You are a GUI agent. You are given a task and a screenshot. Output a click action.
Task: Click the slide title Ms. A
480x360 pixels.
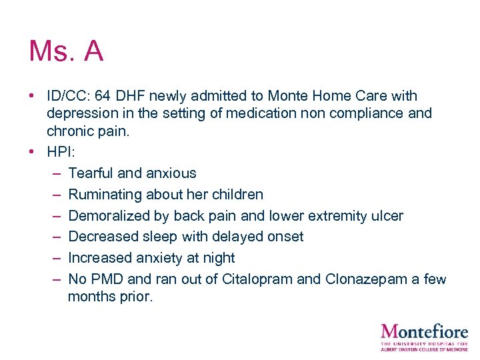coord(66,51)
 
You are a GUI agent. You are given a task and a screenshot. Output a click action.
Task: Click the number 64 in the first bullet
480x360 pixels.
coord(103,96)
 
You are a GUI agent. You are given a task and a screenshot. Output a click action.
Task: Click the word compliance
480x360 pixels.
coord(367,113)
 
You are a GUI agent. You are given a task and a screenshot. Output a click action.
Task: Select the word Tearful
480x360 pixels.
coord(91,173)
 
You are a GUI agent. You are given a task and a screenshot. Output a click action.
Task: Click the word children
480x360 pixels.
coord(237,195)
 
